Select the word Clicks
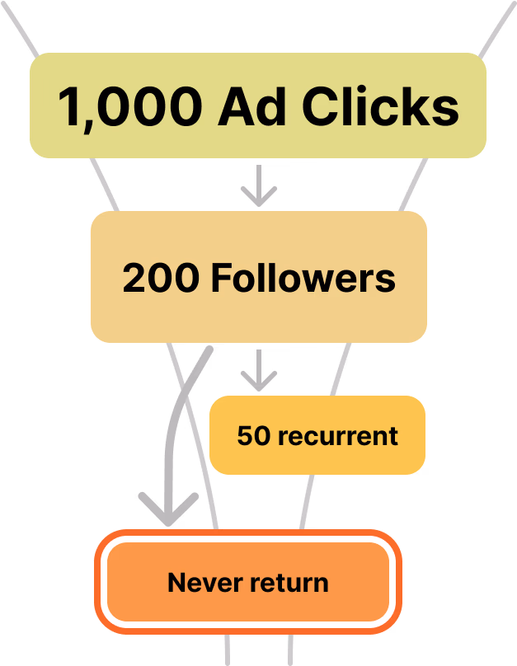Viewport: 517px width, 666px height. tap(380, 107)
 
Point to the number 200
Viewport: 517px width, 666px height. tap(160, 279)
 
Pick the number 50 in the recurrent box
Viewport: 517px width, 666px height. tap(252, 435)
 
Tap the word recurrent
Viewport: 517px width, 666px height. tap(338, 435)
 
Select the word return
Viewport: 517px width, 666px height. tap(289, 583)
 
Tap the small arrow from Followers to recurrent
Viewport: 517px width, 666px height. tap(259, 370)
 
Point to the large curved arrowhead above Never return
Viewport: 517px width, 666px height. tap(168, 509)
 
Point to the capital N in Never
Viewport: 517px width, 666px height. tap(175, 583)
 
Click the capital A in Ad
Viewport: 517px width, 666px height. tap(233, 107)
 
